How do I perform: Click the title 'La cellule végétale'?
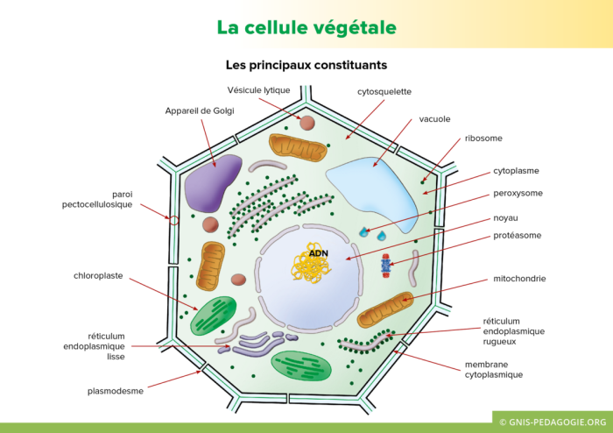coord(306,27)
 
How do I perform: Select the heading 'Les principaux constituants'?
coord(306,65)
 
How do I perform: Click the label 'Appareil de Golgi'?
coord(200,110)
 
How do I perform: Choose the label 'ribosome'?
coord(483,138)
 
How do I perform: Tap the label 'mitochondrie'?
coord(519,279)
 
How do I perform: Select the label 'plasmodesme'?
coord(115,391)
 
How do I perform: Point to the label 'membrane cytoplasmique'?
coord(493,369)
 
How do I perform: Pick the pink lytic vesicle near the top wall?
coord(306,123)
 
